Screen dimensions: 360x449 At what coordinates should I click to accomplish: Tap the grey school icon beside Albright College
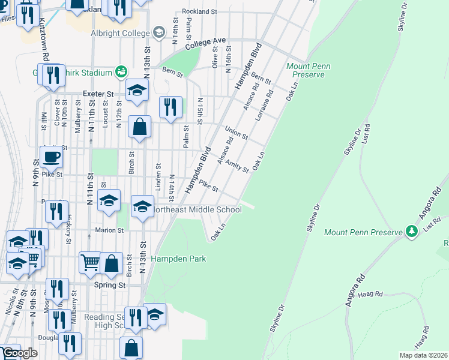pos(159,32)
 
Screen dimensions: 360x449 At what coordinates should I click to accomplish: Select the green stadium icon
pos(121,72)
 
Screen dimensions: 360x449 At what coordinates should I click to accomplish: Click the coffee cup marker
pos(51,157)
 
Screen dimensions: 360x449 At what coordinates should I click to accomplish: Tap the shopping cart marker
pos(90,262)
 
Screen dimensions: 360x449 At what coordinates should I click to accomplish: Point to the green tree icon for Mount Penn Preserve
pos(411,231)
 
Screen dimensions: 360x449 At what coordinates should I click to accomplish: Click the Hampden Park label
pos(178,259)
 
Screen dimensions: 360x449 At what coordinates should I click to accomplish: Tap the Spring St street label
pos(110,286)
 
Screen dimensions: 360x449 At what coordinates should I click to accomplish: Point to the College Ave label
pos(205,44)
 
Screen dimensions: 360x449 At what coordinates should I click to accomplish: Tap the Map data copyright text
pos(424,355)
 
